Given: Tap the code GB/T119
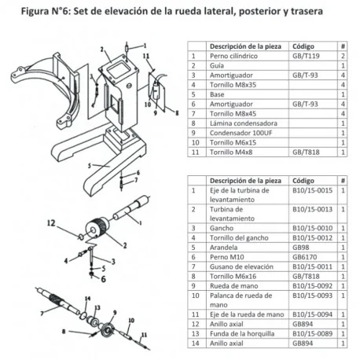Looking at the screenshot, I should (307, 57).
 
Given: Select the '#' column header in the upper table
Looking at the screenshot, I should (343, 46).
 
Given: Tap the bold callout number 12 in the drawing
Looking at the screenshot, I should (73, 225).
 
